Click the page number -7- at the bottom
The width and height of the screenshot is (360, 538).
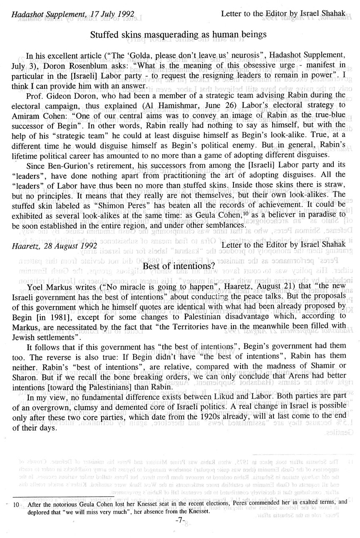pyautogui.click(x=180, y=520)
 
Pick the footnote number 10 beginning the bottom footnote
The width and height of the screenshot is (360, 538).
pyautogui.click(x=16, y=503)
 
